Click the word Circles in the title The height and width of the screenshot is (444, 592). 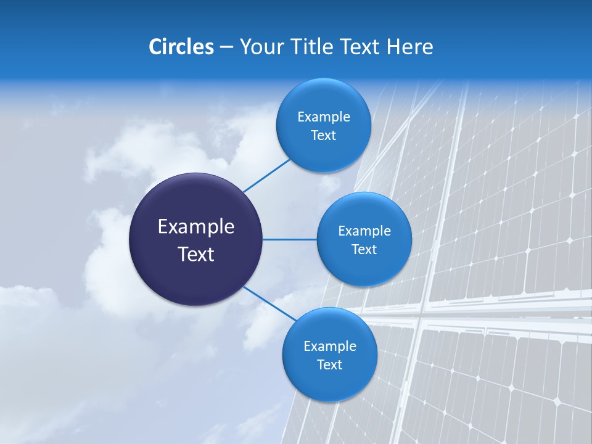(181, 47)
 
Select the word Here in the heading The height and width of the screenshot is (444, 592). (410, 47)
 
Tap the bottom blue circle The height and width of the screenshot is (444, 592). (329, 382)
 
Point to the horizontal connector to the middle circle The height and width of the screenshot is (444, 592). (290, 239)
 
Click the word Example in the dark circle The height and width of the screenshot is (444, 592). (196, 227)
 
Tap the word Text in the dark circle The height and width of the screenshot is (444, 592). (196, 254)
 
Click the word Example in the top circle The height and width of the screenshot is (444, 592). (323, 117)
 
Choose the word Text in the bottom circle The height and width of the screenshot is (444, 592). (329, 364)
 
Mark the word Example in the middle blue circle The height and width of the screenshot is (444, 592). (364, 231)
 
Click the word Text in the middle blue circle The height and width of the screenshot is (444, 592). (364, 249)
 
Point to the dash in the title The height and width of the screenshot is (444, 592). (226, 47)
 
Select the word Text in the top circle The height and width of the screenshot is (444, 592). (323, 135)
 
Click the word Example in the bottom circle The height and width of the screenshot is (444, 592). (329, 347)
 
